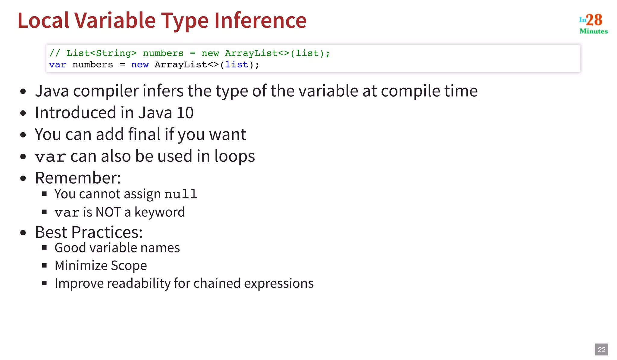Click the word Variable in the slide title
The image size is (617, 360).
click(x=115, y=20)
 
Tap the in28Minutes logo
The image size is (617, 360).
click(x=593, y=23)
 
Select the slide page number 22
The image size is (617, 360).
click(x=601, y=349)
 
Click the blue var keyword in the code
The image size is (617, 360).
click(x=57, y=65)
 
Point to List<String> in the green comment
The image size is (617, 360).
click(x=101, y=53)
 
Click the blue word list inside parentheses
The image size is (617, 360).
click(x=237, y=65)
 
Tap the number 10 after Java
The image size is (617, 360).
click(x=185, y=113)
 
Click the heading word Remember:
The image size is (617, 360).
click(x=78, y=178)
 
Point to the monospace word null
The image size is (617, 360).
click(x=181, y=194)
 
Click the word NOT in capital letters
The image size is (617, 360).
click(x=108, y=212)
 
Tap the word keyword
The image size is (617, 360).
click(x=159, y=212)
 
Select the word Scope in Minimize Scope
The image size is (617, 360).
click(x=129, y=266)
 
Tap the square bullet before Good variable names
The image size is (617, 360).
click(x=44, y=248)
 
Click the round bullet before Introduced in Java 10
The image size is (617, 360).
click(x=23, y=113)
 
